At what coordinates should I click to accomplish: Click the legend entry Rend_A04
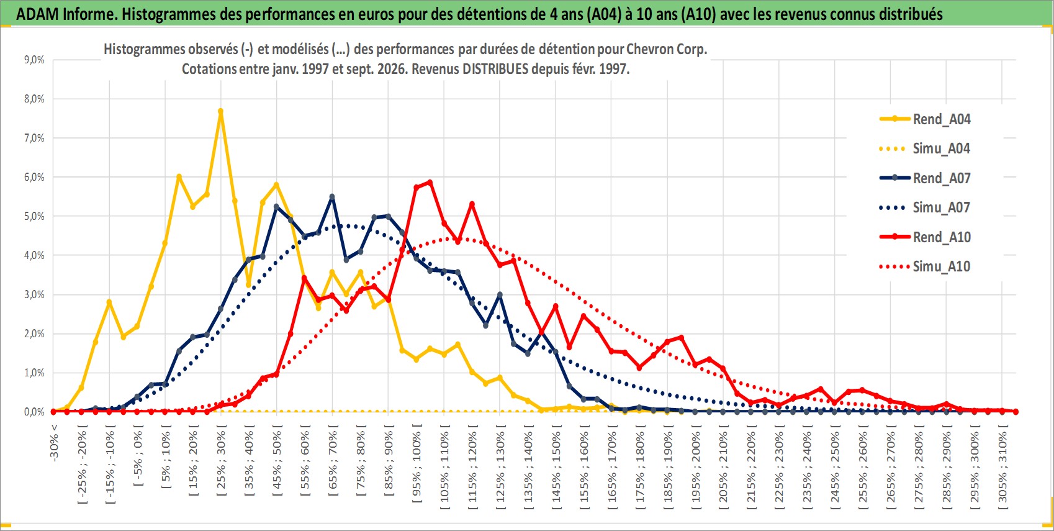925,119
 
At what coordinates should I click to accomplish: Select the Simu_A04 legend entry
925,149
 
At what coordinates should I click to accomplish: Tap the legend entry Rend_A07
925,178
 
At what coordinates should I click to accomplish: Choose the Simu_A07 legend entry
925,207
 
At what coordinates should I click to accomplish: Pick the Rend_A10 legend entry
925,237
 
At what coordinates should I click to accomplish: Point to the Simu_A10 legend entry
925,266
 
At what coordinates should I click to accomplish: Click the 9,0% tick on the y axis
34,60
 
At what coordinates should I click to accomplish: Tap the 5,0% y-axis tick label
34,216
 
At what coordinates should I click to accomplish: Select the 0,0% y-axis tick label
34,412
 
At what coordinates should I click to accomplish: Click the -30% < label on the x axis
53,442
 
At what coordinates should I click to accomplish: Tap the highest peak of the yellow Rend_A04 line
221,111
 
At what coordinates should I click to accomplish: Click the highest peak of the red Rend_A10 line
430,182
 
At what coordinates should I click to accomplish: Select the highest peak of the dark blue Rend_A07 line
332,197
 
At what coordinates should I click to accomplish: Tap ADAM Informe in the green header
65,14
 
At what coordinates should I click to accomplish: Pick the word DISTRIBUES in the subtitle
495,69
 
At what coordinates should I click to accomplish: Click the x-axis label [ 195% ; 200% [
695,466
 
